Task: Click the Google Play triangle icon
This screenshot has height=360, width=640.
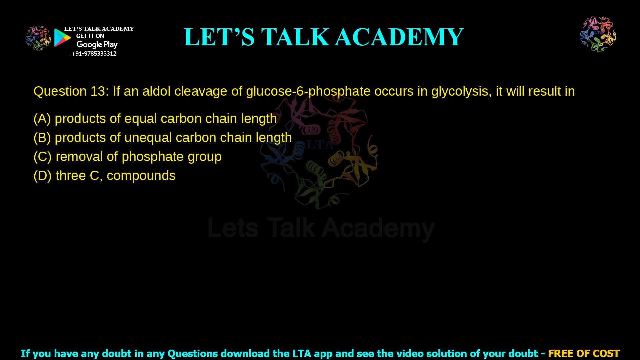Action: click(62, 37)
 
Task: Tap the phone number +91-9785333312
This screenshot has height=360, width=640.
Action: click(94, 54)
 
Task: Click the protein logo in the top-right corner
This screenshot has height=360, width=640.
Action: click(598, 34)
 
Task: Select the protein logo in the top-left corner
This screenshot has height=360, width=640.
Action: click(38, 38)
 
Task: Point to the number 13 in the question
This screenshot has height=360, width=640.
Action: click(98, 91)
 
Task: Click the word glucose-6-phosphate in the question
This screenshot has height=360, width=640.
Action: click(308, 91)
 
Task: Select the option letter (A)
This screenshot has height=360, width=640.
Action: click(42, 119)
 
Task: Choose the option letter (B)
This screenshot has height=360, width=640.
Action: click(42, 138)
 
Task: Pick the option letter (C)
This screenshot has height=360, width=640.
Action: click(42, 157)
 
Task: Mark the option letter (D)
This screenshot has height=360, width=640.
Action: click(42, 176)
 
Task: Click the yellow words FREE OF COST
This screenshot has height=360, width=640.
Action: click(583, 353)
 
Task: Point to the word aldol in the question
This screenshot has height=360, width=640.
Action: click(156, 91)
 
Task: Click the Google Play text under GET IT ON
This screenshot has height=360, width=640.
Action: click(97, 44)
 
